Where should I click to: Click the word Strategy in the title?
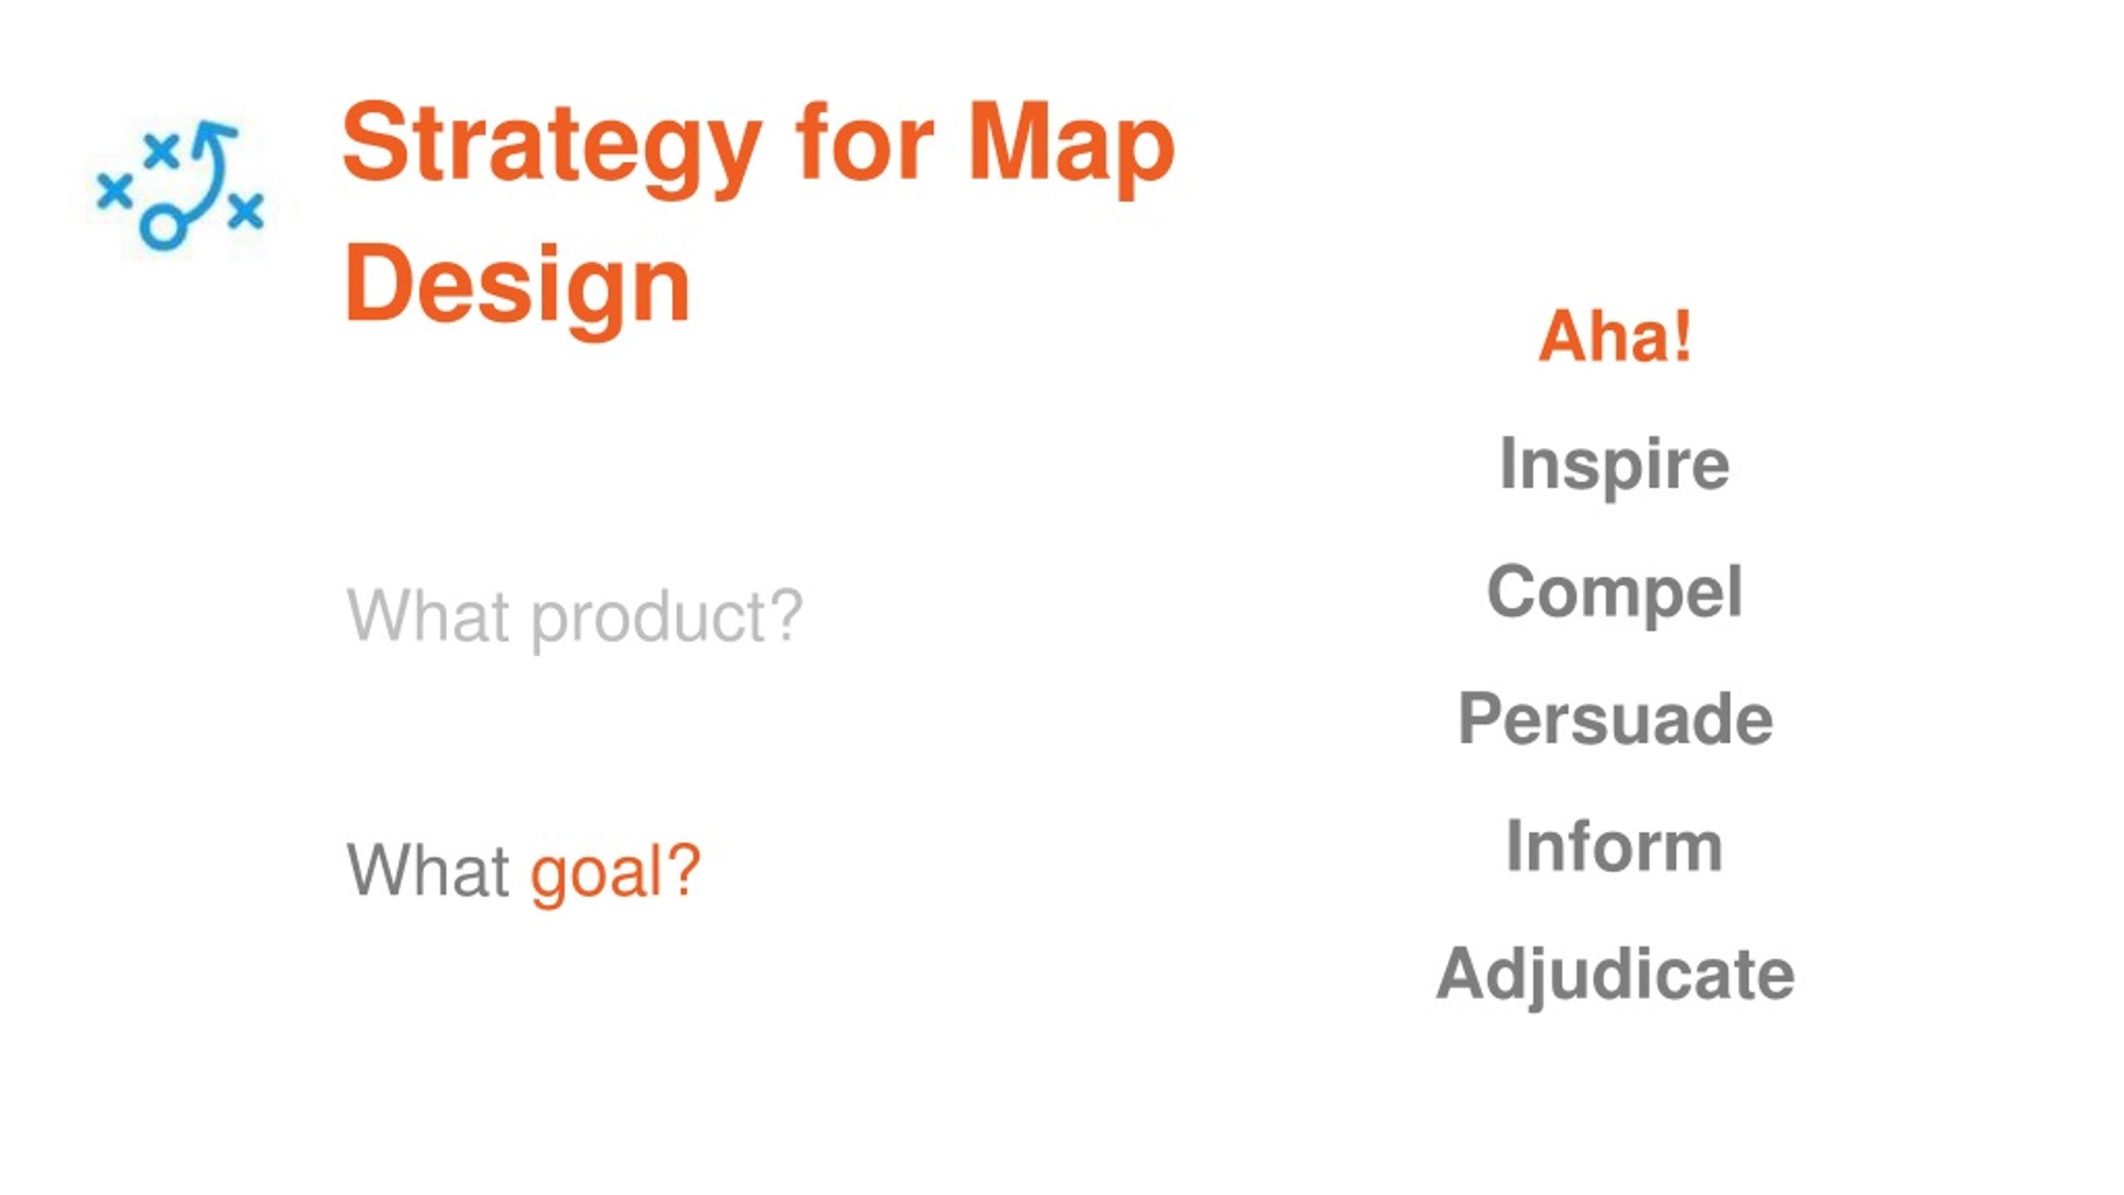pyautogui.click(x=552, y=149)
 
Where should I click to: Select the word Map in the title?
pyautogui.click(x=1071, y=149)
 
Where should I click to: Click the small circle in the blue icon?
pyautogui.click(x=162, y=227)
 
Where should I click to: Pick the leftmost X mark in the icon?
pyautogui.click(x=114, y=191)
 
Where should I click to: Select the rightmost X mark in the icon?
pyautogui.click(x=246, y=210)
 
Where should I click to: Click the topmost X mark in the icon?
pyautogui.click(x=161, y=150)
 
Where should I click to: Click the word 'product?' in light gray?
pyautogui.click(x=667, y=618)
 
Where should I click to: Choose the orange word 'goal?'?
pyautogui.click(x=616, y=873)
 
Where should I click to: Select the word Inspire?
pyautogui.click(x=1615, y=466)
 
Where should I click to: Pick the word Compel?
pyautogui.click(x=1615, y=593)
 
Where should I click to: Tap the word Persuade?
pyautogui.click(x=1615, y=719)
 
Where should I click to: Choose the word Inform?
pyautogui.click(x=1615, y=846)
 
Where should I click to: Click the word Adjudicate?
pyautogui.click(x=1615, y=976)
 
